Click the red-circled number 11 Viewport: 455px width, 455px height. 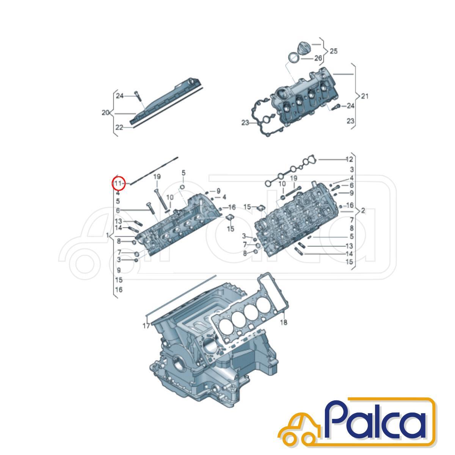[118, 183]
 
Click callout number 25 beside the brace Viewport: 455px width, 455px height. [333, 51]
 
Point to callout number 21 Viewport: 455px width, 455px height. [364, 96]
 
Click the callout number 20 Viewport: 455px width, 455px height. [105, 113]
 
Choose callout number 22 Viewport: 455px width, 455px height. [119, 127]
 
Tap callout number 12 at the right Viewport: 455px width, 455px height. [349, 159]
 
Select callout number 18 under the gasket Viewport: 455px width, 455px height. [284, 322]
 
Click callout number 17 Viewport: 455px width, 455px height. [146, 326]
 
